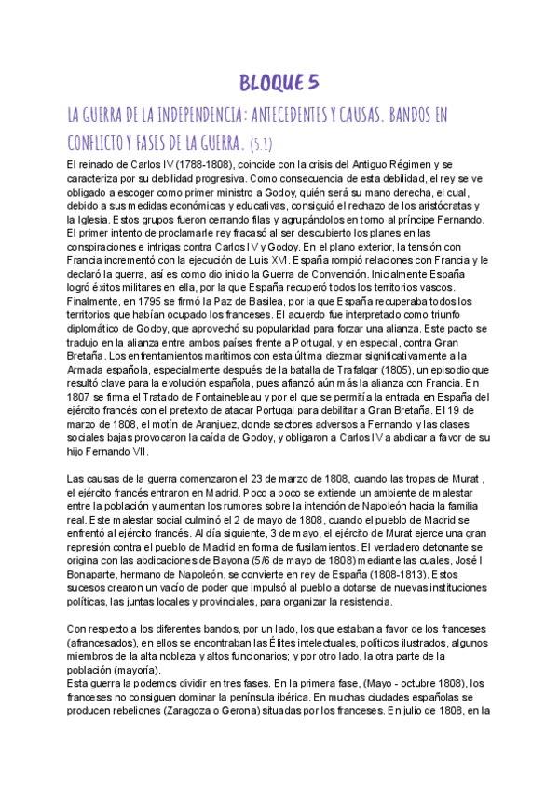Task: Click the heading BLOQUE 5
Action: [279, 84]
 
